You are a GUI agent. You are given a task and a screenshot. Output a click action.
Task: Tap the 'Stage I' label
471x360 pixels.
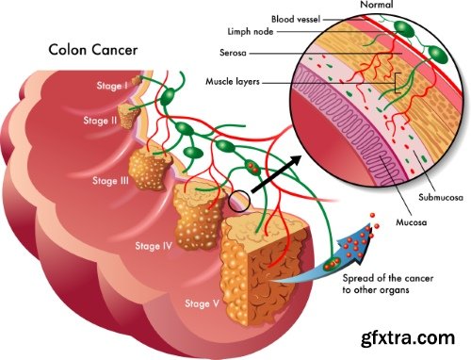(112, 86)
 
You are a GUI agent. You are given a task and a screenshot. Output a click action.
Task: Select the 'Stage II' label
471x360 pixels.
(100, 122)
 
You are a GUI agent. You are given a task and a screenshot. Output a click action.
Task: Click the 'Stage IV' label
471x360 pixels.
(154, 247)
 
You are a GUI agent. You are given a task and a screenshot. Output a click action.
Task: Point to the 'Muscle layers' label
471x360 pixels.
(233, 82)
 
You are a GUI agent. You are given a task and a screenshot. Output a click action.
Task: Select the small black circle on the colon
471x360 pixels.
(239, 199)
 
